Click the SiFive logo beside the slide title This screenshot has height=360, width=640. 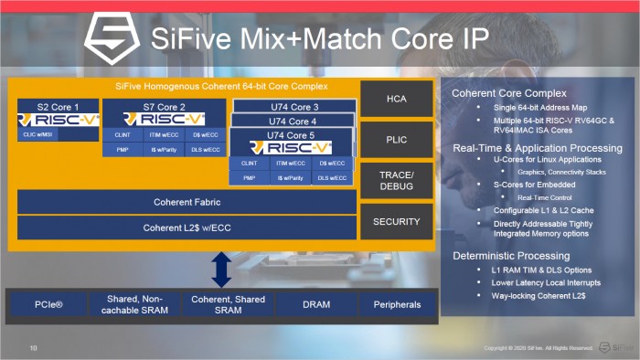[x=112, y=37]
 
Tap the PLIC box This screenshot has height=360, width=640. [x=396, y=139]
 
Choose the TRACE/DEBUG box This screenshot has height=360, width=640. [x=396, y=180]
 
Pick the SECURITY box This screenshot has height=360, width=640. [x=396, y=221]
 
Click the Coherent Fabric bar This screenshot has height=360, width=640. [x=187, y=202]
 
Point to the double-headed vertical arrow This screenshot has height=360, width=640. [x=220, y=270]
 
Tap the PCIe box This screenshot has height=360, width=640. [x=50, y=304]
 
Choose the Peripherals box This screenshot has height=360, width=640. [x=396, y=304]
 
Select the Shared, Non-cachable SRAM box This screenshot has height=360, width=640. [x=134, y=304]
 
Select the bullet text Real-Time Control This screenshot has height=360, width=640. [x=545, y=197]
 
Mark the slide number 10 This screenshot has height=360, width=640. [x=34, y=348]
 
